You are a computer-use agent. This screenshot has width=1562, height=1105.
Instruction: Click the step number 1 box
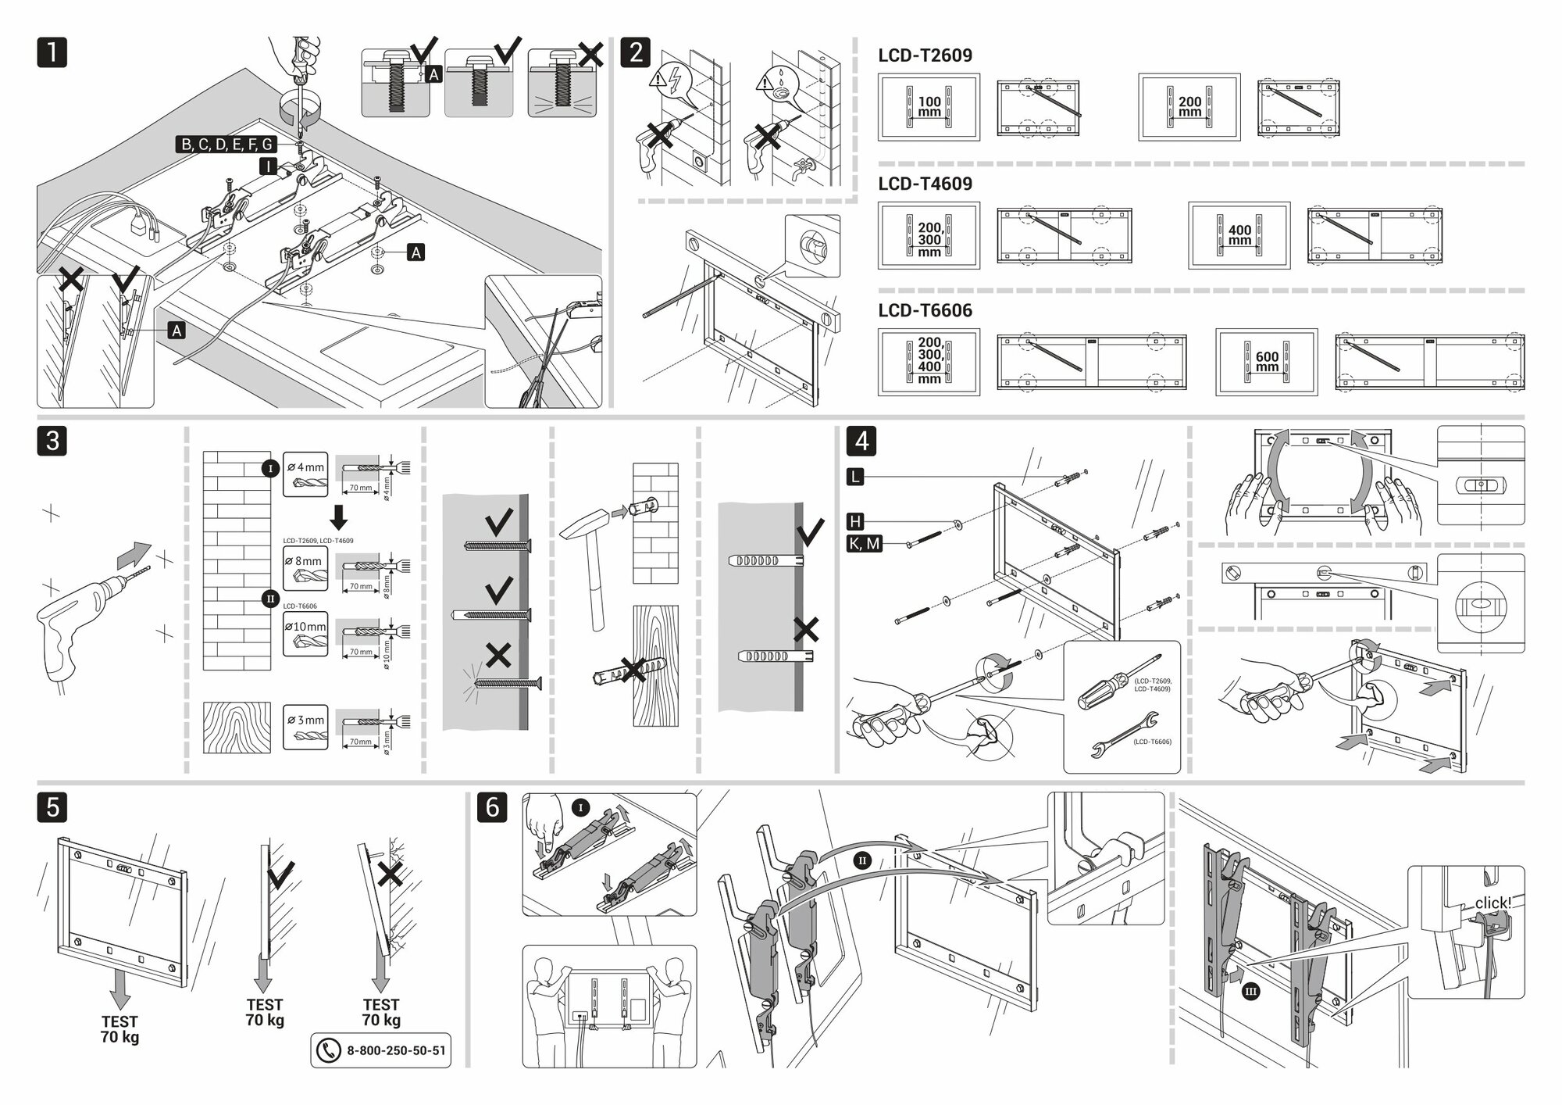[x=52, y=52]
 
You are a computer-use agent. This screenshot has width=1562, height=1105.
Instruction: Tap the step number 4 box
[x=861, y=441]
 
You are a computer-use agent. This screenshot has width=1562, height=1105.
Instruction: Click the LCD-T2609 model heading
[x=925, y=55]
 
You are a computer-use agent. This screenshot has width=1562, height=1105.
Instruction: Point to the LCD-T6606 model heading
[x=925, y=310]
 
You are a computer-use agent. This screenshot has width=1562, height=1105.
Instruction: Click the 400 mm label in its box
[x=1239, y=235]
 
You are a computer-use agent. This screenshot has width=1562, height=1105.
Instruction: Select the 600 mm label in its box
[x=1267, y=362]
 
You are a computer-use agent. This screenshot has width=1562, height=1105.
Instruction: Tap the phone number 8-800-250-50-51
[x=396, y=1050]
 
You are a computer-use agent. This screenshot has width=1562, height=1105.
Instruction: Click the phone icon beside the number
[x=328, y=1050]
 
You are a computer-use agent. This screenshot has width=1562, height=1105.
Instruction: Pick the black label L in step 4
[x=855, y=476]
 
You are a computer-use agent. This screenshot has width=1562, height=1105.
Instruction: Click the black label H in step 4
[x=855, y=521]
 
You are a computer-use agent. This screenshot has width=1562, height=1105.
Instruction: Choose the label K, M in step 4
[x=863, y=543]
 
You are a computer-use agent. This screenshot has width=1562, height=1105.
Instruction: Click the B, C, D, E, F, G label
[x=226, y=145]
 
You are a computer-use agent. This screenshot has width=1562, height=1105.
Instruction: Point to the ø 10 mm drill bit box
[x=305, y=634]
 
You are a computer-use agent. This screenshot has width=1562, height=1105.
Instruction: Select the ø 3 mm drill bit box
[x=305, y=728]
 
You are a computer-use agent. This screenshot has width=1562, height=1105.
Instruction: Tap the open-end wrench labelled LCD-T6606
[x=1114, y=735]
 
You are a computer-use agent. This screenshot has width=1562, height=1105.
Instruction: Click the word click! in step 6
[x=1492, y=903]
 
